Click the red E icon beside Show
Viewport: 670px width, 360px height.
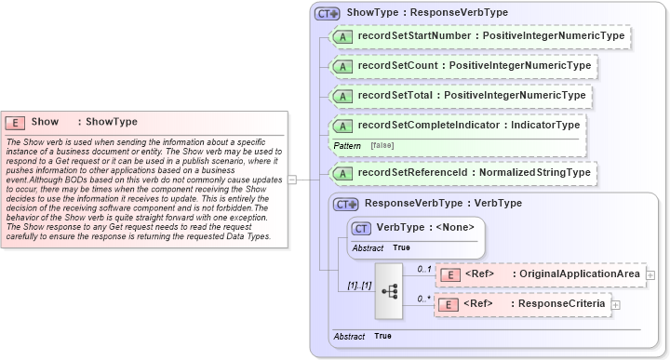(16, 122)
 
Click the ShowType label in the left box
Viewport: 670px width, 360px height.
(112, 122)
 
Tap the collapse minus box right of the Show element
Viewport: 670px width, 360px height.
(291, 180)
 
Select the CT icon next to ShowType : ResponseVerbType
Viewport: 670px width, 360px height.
(328, 14)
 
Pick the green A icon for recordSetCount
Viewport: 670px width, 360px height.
(342, 67)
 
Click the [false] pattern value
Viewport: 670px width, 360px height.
(381, 146)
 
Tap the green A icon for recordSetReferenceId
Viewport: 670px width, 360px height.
(342, 173)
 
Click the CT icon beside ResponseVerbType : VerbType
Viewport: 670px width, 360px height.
(346, 204)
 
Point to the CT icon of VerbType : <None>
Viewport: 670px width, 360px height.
(359, 227)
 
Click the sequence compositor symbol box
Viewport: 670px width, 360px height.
(391, 290)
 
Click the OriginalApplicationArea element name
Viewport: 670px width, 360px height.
(578, 274)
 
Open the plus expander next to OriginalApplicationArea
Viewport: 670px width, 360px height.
(650, 275)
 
